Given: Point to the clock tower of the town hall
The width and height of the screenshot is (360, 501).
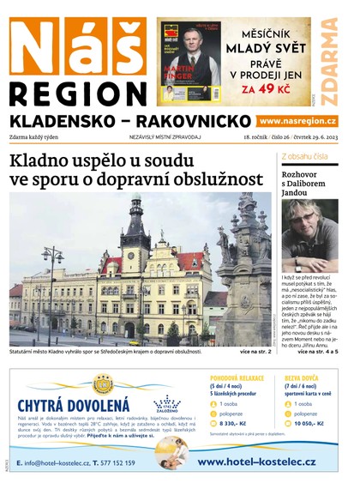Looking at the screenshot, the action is click(135, 227).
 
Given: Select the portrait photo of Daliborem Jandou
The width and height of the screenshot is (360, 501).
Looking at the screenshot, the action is click(309, 235).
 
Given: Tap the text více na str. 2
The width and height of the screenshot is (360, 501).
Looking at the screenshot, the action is click(255, 352).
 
